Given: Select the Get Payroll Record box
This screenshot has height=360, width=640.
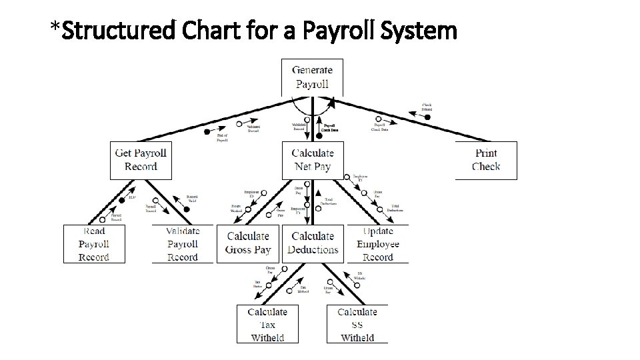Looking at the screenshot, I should point(141,160).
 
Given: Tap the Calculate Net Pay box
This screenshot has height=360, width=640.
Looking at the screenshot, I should point(312,160).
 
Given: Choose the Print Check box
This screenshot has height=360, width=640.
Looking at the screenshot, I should point(486,160).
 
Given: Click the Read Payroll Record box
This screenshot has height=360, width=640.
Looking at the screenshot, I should point(94,244).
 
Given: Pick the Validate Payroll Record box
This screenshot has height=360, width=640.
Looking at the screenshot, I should point(183,244).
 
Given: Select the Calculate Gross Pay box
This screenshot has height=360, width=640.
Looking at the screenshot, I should point(248,243).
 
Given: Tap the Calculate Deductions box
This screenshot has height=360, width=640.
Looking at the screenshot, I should point(313,243).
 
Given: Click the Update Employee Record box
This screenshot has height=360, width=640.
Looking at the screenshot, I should point(378,244).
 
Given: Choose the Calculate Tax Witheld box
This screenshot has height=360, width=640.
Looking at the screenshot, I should point(267,324).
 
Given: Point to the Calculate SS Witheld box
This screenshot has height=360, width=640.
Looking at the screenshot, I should point(357,324).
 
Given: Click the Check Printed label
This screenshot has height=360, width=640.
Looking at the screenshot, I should point(427,107).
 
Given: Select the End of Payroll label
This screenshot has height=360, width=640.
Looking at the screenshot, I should point(223,137).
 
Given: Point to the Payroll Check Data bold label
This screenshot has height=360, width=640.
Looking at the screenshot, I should point(329,127).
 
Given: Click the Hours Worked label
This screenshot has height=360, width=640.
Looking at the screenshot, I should point(236,209).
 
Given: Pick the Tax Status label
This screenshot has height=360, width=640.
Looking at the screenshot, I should point(257,285).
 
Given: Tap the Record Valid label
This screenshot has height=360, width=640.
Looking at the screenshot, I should point(192,198).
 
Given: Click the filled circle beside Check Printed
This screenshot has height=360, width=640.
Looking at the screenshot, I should point(428,117).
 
